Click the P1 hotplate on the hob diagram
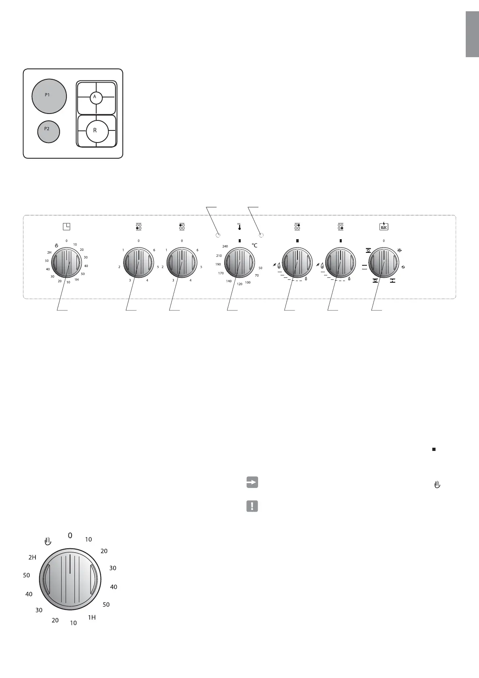click(49, 96)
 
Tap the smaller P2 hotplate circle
click(48, 132)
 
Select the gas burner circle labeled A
click(96, 98)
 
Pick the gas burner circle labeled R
click(97, 131)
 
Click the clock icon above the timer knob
click(66, 226)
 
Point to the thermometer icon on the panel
click(239, 227)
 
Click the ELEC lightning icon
click(384, 226)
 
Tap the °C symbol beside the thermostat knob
click(254, 246)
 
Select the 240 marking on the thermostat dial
click(225, 246)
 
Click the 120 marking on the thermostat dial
click(239, 284)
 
